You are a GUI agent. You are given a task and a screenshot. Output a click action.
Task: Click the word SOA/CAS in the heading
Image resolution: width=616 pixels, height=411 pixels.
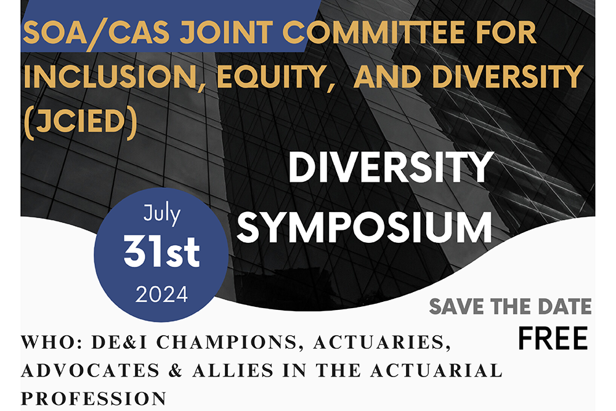tap(96, 33)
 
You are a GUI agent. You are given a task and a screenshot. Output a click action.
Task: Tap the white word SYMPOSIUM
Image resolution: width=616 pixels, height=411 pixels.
tap(364, 228)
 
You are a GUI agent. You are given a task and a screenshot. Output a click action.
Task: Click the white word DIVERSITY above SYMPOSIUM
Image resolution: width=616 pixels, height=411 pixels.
tap(391, 168)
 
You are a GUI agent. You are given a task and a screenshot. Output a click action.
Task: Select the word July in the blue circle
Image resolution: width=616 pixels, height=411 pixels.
tap(161, 214)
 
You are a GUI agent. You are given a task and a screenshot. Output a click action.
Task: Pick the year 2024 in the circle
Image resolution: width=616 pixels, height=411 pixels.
tap(161, 295)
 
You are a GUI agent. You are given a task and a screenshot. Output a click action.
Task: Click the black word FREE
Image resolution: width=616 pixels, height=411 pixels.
tap(553, 338)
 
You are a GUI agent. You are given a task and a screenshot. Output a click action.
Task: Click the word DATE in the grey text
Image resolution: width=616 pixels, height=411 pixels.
tap(564, 306)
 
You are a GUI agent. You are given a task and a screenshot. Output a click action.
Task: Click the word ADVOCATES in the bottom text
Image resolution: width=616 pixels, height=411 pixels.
tap(91, 370)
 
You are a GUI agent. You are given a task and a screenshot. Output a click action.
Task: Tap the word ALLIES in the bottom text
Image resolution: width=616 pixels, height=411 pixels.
tap(233, 370)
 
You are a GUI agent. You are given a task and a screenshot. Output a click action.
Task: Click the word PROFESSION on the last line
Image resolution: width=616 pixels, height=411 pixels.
tap(94, 399)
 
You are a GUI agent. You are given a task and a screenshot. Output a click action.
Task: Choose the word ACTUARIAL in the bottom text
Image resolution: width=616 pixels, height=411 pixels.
tap(437, 370)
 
